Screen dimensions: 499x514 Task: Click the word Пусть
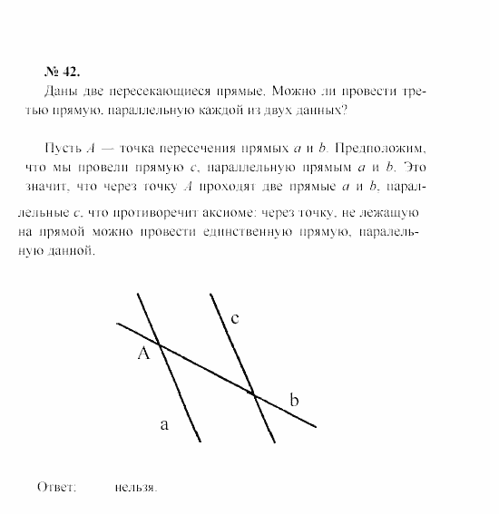[60, 149]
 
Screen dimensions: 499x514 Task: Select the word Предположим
[376, 149]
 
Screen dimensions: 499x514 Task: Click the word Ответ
[55, 487]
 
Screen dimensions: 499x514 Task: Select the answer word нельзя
[136, 487]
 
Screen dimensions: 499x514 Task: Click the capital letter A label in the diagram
[142, 354]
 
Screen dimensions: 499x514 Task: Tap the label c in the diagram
[235, 318]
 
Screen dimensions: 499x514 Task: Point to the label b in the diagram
[293, 400]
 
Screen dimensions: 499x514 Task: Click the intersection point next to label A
[161, 344]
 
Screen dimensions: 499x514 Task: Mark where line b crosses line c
[254, 394]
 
